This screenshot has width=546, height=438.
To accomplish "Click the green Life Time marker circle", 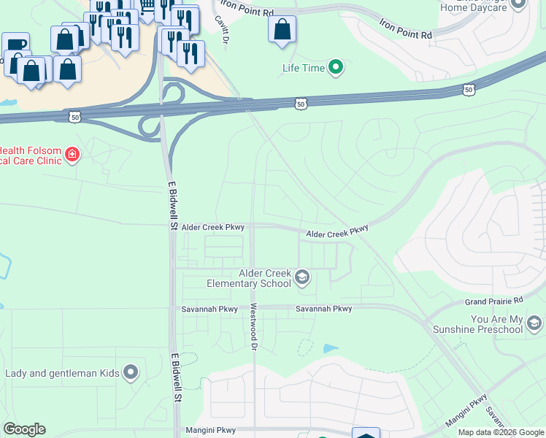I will coord(336,69).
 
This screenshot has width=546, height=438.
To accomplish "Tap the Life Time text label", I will coord(303,69).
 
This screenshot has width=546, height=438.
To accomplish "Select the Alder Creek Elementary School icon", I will coord(302,277).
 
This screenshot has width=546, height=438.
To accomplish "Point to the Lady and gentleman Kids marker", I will coord(131,373).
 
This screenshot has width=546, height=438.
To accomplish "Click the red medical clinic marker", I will coord(72,154).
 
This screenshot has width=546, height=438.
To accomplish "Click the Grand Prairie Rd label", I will coord(494,301).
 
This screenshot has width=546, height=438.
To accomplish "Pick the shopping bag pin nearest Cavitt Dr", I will coord(282,30).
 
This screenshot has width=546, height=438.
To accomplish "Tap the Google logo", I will coord(24,429).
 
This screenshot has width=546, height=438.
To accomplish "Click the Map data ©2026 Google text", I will coord(501,432).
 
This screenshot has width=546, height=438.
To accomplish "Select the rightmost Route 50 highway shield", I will coord(468,90).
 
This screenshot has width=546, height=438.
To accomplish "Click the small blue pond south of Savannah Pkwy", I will coord(331,349).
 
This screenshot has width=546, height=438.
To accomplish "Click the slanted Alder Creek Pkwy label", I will coord(337,231).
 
